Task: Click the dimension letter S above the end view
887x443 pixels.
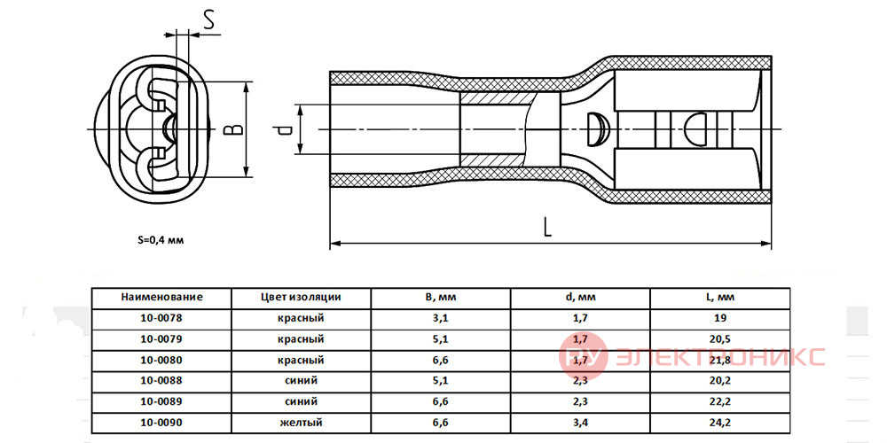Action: coord(209,20)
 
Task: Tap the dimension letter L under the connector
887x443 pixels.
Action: coord(546,227)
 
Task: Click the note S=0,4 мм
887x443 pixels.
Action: coord(161,239)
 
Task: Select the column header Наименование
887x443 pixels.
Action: coord(161,297)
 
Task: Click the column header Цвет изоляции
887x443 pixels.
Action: coord(301,297)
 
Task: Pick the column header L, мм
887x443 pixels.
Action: coord(720,297)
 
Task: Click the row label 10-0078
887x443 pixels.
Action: coord(161,318)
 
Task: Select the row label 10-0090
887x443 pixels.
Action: coord(161,422)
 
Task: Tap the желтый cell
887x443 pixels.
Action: coord(301,423)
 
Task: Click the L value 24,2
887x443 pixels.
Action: coord(720,423)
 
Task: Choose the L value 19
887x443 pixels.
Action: coord(720,318)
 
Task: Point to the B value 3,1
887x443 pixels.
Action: coord(441,319)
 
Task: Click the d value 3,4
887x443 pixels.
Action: coord(580,423)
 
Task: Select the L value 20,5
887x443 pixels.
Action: coord(720,339)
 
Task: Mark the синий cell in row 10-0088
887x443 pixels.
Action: coord(301,381)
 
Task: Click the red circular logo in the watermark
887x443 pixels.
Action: coord(583,356)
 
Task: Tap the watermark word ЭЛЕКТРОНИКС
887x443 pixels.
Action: coord(719,356)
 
